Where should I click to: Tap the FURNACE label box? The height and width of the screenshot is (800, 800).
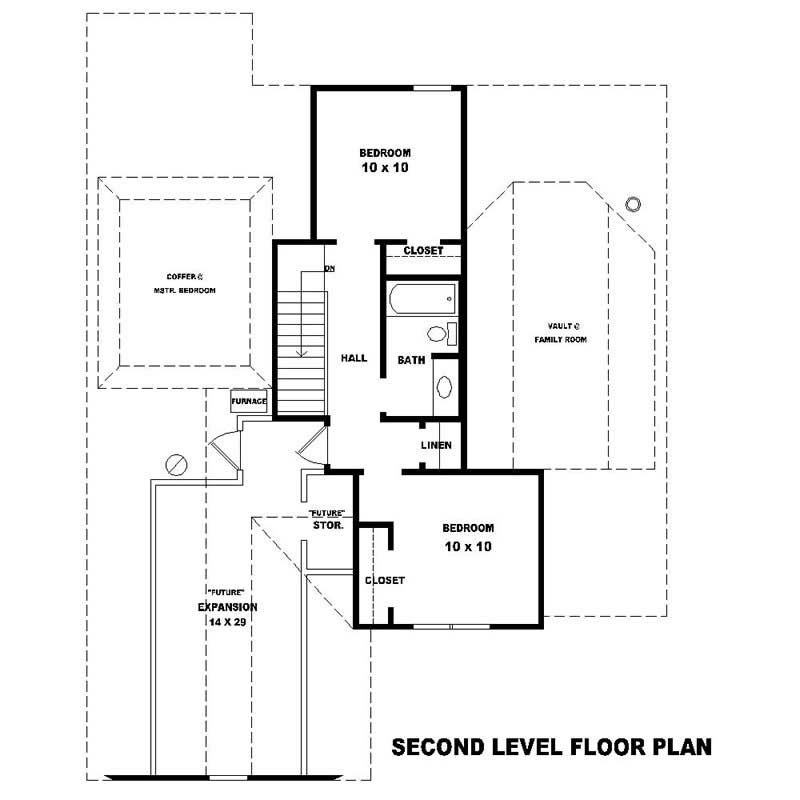249,401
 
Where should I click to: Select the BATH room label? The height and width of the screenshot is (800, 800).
411,360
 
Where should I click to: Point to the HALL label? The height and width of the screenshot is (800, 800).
354,357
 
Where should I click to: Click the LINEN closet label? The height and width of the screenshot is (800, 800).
436,445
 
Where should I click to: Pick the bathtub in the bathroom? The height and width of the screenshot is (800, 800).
422,297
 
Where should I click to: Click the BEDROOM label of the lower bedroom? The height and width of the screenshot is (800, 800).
468,528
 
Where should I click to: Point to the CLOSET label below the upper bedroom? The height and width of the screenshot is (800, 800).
423,251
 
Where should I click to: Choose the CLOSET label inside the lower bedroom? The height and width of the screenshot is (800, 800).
385,580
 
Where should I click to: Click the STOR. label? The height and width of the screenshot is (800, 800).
329,524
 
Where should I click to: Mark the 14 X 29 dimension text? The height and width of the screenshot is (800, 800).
228,622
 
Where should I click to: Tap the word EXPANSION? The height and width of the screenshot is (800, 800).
228,607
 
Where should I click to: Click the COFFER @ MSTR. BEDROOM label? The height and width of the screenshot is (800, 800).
185,283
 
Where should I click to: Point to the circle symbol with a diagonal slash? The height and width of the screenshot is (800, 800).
175,464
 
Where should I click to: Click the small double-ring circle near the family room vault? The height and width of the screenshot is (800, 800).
632,204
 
